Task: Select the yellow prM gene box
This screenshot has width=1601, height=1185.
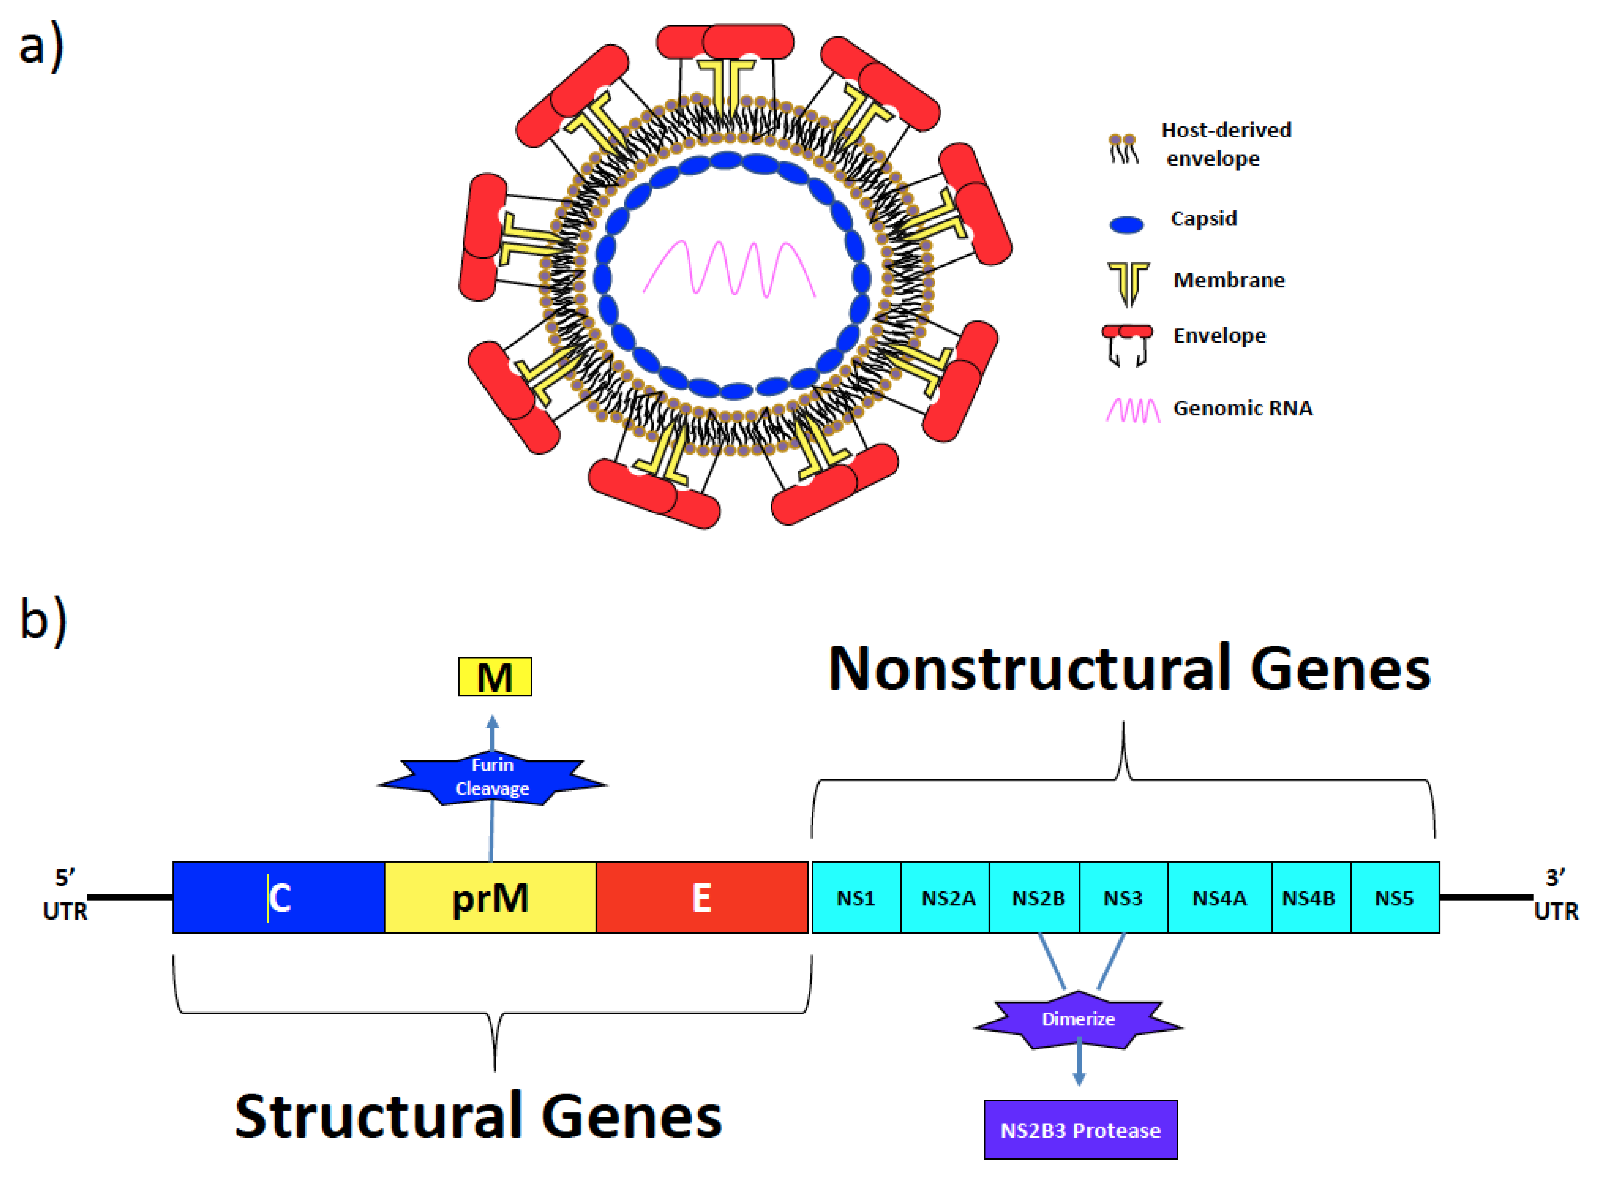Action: [x=490, y=897]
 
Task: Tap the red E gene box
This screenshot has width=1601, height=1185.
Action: [x=702, y=897]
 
